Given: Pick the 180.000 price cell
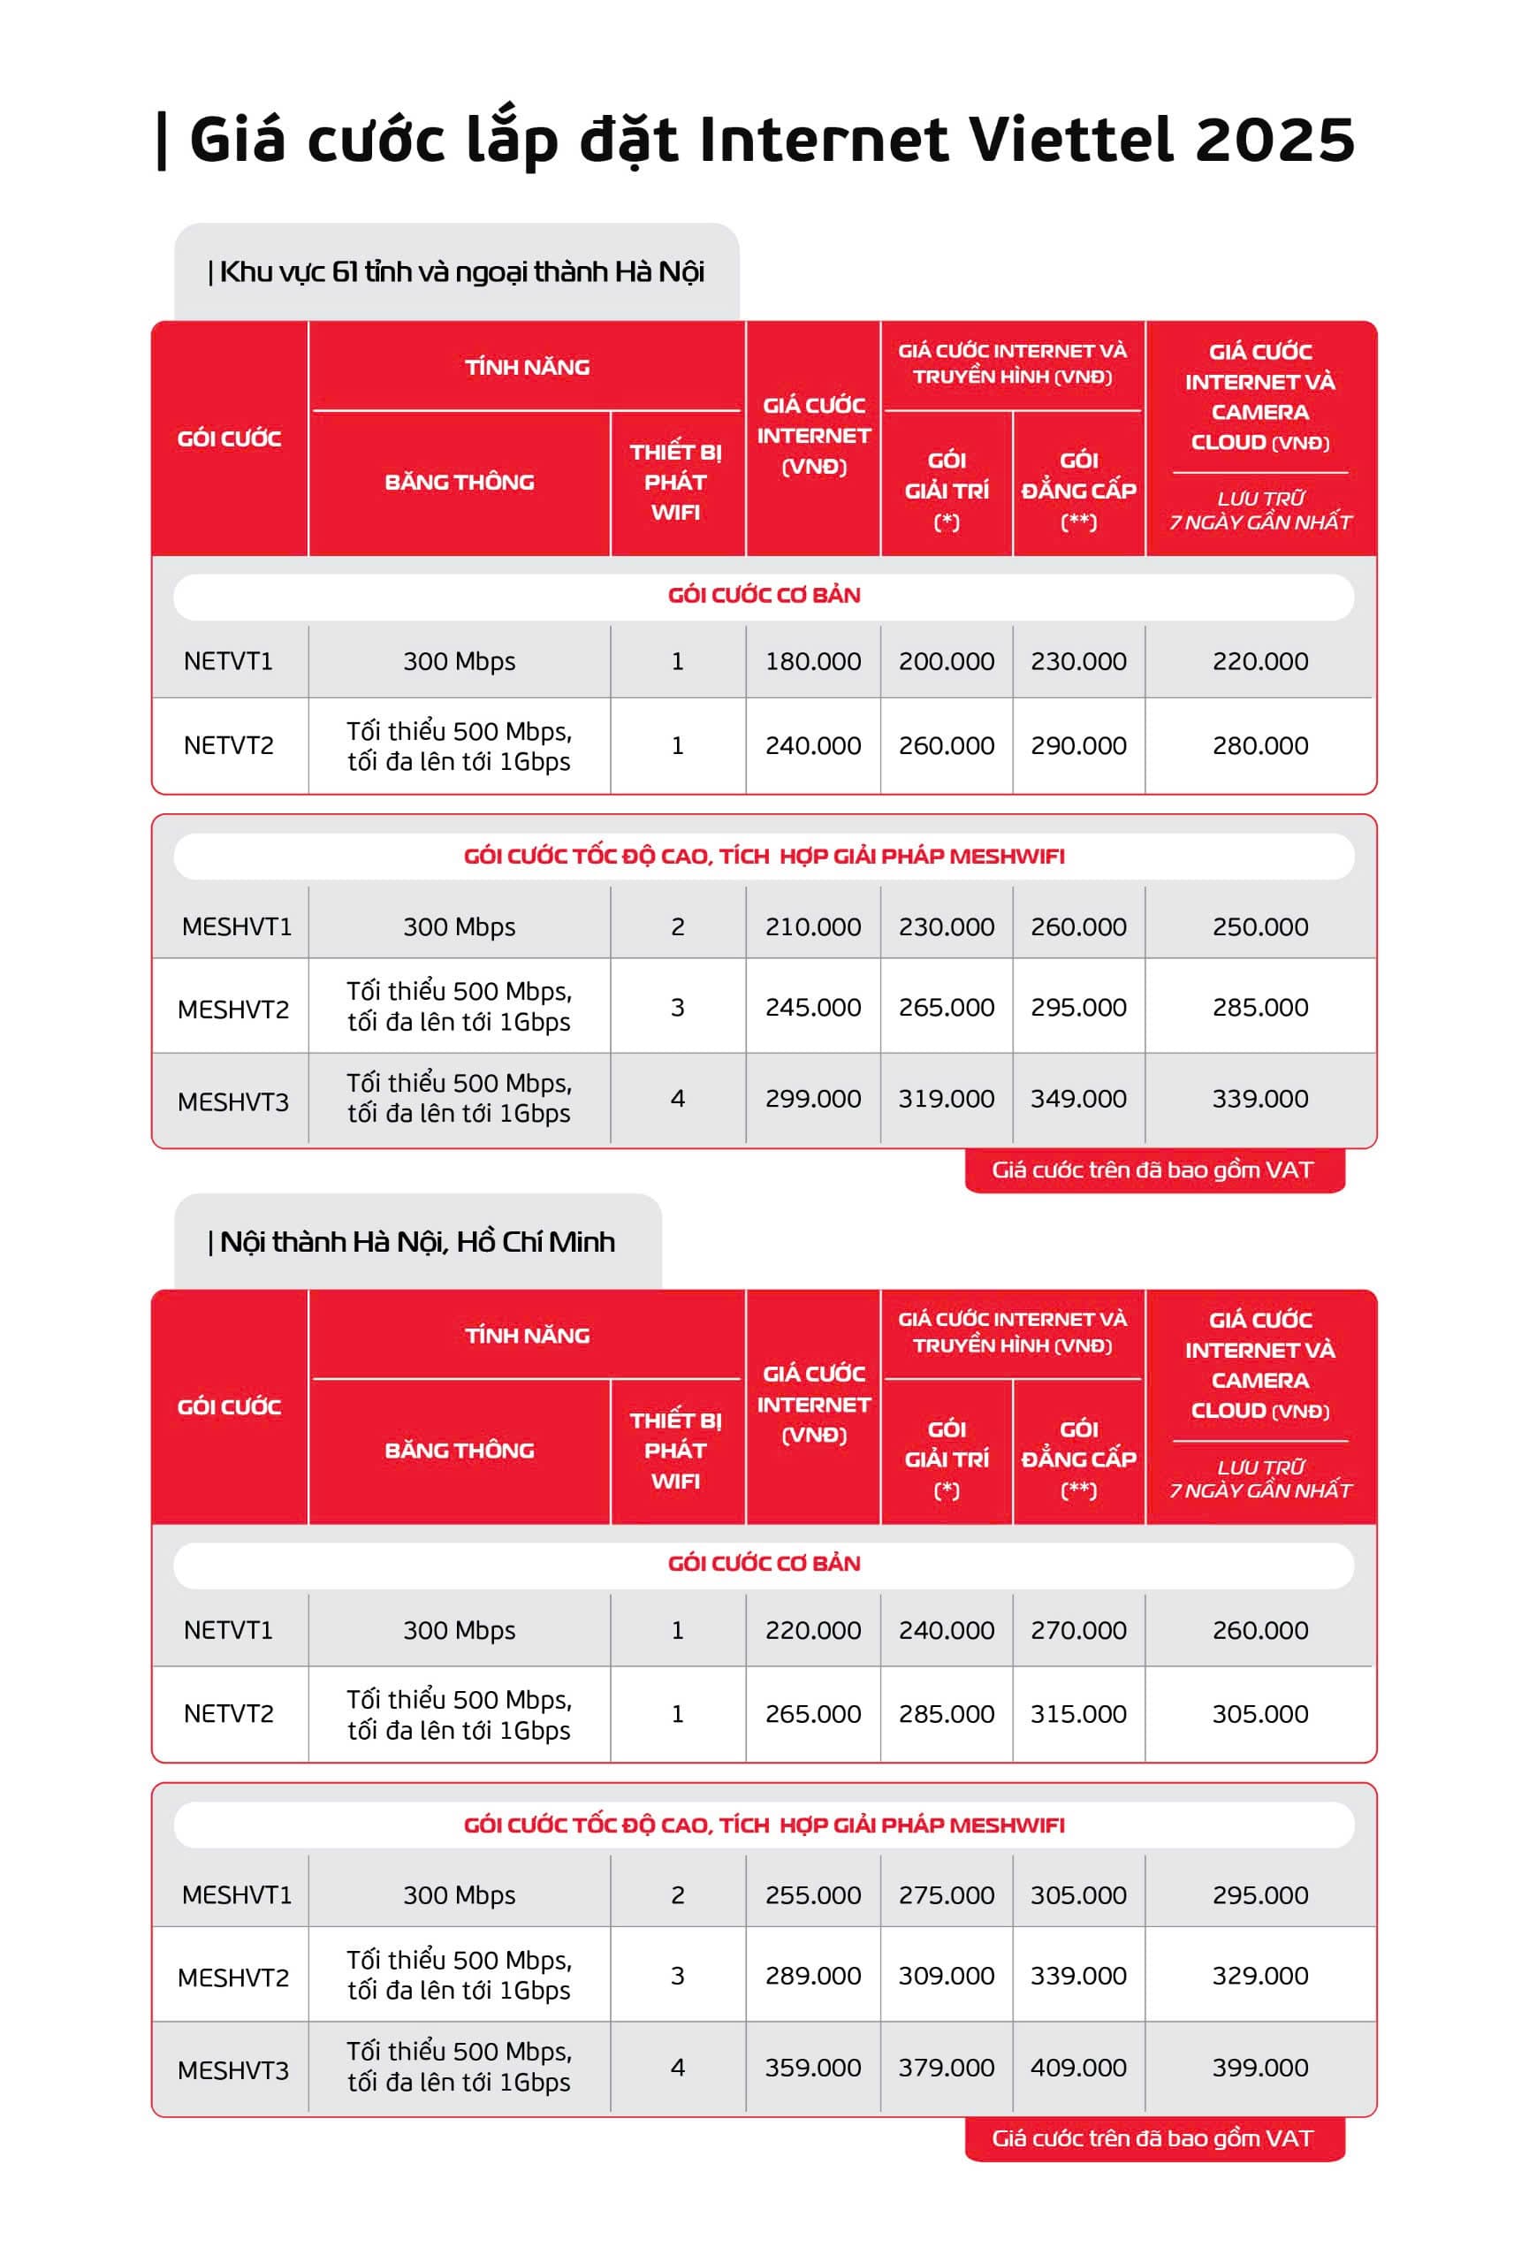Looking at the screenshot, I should tap(813, 661).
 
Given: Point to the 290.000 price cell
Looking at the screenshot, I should tap(1078, 746).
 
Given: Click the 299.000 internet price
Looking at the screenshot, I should tap(813, 1099).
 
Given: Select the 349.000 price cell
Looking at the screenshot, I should tap(1078, 1099).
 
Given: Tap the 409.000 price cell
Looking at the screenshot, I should tap(1078, 2068).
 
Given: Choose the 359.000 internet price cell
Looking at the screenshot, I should tap(813, 2068).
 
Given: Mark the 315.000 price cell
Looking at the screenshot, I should tap(1078, 1714).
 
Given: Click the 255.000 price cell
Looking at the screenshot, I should tap(813, 1895).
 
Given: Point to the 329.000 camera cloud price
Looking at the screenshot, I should tap(1259, 1976).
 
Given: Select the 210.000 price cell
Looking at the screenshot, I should tap(813, 927).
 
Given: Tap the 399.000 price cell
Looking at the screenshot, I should tap(1259, 2068).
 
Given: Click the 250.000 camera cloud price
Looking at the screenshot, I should tap(1259, 927).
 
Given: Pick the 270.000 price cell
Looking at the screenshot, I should tap(1078, 1630).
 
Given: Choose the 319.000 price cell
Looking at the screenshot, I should tap(946, 1099).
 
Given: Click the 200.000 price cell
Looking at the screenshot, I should tap(946, 661).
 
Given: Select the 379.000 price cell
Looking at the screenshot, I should tap(946, 2068).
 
